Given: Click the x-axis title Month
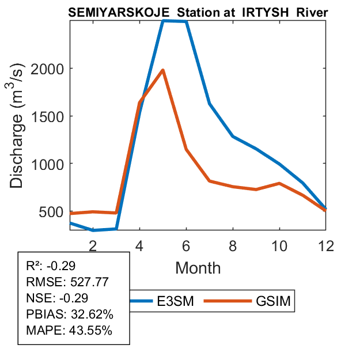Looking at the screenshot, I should (x=198, y=267).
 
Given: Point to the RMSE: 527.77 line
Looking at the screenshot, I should (x=68, y=282).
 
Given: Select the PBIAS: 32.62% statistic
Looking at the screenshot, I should (x=70, y=314).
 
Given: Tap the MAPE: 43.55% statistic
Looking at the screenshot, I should (x=69, y=331).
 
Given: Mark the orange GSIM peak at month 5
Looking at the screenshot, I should (x=163, y=70).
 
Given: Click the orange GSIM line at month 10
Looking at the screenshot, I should (x=279, y=183).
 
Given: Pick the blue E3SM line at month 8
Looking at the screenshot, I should (x=233, y=137).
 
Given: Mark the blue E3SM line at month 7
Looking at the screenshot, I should (x=210, y=104).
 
